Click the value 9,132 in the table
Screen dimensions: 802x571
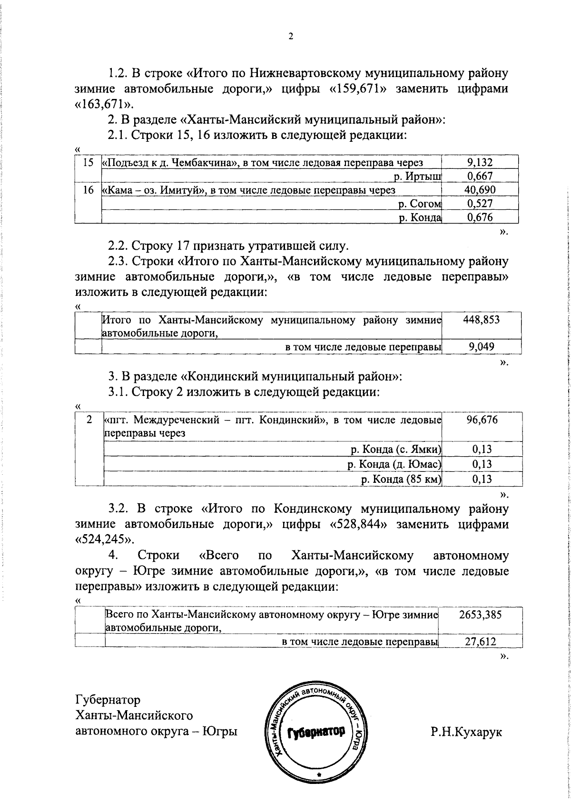(x=480, y=163)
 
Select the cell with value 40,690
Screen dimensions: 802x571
(x=480, y=190)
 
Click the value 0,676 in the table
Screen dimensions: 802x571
(x=480, y=218)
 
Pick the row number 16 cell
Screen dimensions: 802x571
(x=88, y=190)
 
